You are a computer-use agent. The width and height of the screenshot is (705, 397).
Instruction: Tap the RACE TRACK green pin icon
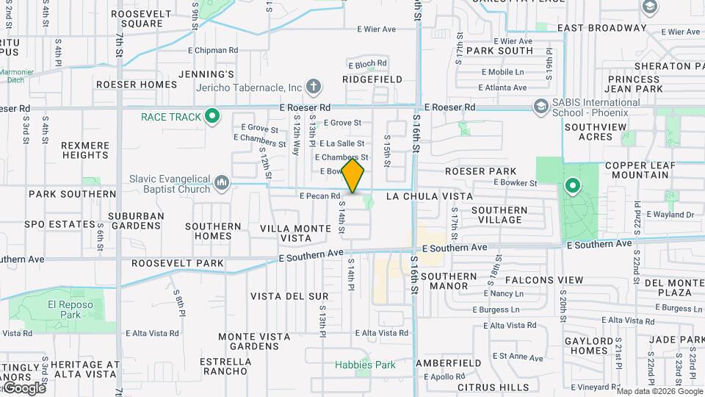pyautogui.click(x=213, y=115)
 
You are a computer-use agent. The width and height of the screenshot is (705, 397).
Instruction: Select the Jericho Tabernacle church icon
pyautogui.click(x=314, y=87)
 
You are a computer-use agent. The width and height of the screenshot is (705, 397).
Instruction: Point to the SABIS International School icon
pyautogui.click(x=541, y=107)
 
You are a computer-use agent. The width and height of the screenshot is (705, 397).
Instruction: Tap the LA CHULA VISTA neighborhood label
pyautogui.click(x=428, y=196)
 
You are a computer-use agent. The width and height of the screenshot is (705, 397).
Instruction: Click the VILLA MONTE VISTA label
pyautogui.click(x=296, y=233)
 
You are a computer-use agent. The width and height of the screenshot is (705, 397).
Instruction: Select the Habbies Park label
pyautogui.click(x=365, y=365)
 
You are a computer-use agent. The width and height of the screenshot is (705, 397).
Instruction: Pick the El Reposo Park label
pyautogui.click(x=64, y=309)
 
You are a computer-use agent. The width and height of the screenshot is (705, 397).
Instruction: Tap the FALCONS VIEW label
pyautogui.click(x=544, y=280)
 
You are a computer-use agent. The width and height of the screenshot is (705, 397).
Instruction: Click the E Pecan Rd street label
pyautogui.click(x=320, y=196)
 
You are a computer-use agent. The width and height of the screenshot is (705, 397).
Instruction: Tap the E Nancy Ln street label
pyautogui.click(x=502, y=294)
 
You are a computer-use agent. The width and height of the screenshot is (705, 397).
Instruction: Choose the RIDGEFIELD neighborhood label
pyautogui.click(x=372, y=79)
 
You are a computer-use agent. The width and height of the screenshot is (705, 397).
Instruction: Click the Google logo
pyautogui.click(x=23, y=388)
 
